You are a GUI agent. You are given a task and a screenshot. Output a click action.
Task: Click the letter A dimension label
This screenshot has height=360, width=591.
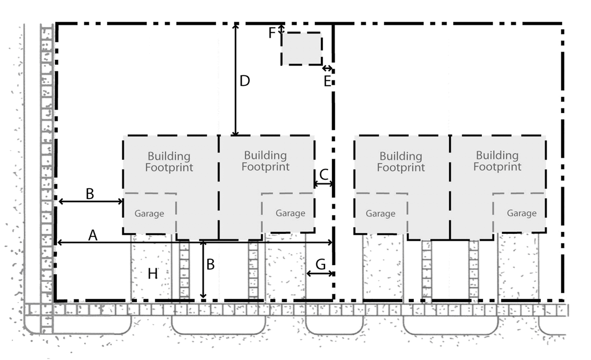tap(92, 236)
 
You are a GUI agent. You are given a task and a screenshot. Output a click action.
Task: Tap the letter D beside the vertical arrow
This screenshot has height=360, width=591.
tap(244, 81)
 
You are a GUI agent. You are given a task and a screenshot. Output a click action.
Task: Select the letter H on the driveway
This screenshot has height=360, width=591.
tap(153, 274)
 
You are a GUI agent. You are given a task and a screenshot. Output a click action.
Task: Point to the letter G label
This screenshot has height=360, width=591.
tap(320, 265)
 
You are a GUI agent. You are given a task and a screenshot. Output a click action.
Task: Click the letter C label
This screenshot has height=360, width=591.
tap(324, 174)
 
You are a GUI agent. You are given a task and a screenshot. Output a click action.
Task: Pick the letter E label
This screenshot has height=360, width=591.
tap(328, 81)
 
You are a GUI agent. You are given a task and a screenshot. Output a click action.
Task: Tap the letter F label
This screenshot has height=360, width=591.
tap(272, 33)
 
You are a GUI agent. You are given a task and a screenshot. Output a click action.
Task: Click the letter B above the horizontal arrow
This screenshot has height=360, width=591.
tap(90, 193)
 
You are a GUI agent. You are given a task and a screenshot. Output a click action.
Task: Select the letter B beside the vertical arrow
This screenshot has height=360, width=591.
tap(210, 264)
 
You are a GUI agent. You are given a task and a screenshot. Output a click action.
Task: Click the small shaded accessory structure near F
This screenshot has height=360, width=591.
tap(301, 49)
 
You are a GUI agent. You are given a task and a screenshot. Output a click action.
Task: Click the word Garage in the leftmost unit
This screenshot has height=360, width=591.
tap(149, 213)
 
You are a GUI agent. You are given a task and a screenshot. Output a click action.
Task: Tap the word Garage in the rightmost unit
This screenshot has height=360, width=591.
tap(521, 213)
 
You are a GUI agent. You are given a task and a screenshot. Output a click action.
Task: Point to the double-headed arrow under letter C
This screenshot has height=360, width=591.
tap(324, 184)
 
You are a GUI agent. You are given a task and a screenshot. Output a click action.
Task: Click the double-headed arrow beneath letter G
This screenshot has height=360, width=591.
tap(320, 274)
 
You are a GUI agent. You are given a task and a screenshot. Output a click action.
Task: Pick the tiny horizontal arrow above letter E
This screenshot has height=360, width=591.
tap(328, 68)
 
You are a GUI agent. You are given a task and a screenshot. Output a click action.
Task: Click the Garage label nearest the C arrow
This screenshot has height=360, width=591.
tap(290, 213)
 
